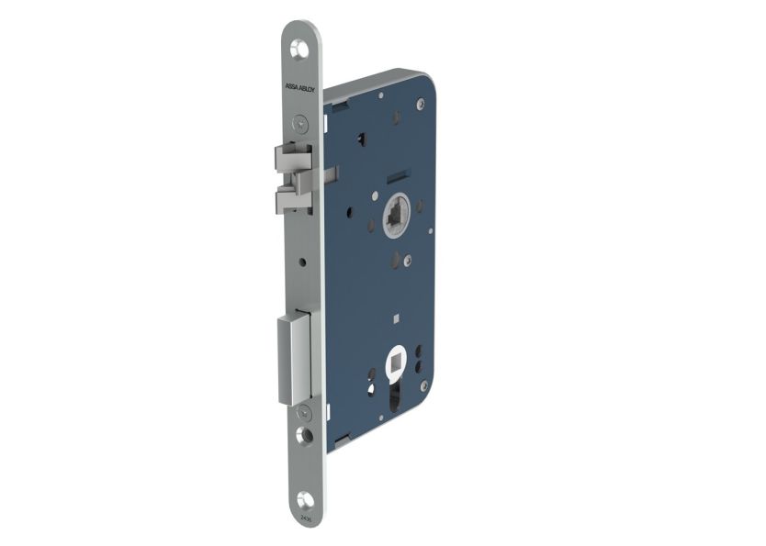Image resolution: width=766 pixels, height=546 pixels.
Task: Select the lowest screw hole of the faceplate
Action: tap(304, 500)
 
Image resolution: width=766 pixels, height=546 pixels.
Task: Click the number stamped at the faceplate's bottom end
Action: tap(306, 519)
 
